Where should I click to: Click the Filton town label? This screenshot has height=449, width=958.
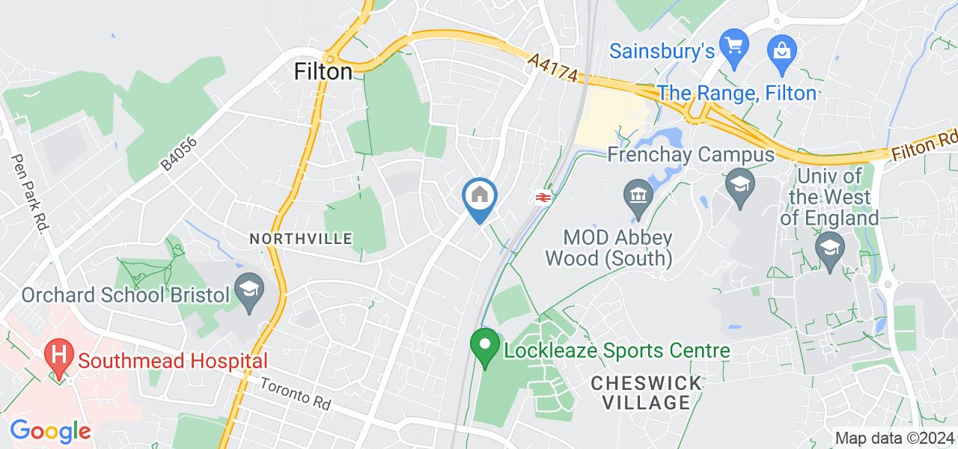coord(323,72)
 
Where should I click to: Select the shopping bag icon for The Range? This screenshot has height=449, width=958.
coord(781,50)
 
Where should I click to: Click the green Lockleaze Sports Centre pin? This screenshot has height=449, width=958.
coord(484,346)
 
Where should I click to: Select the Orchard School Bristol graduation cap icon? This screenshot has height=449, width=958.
coord(246,288)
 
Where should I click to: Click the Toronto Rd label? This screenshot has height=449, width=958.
coord(296,392)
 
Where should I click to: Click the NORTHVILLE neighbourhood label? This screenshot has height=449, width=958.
coord(301,239)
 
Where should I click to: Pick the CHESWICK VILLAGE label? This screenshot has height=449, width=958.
coord(647,393)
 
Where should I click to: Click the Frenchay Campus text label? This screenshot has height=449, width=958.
coord(690,156)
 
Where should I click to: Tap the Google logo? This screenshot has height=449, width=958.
coord(50,432)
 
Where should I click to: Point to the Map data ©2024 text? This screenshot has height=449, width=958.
coord(894,439)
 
